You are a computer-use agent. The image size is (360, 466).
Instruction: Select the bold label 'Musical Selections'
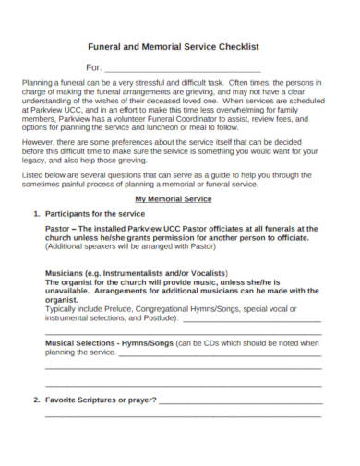pyautogui.click(x=80, y=343)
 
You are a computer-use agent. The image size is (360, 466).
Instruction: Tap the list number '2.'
pyautogui.click(x=36, y=401)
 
